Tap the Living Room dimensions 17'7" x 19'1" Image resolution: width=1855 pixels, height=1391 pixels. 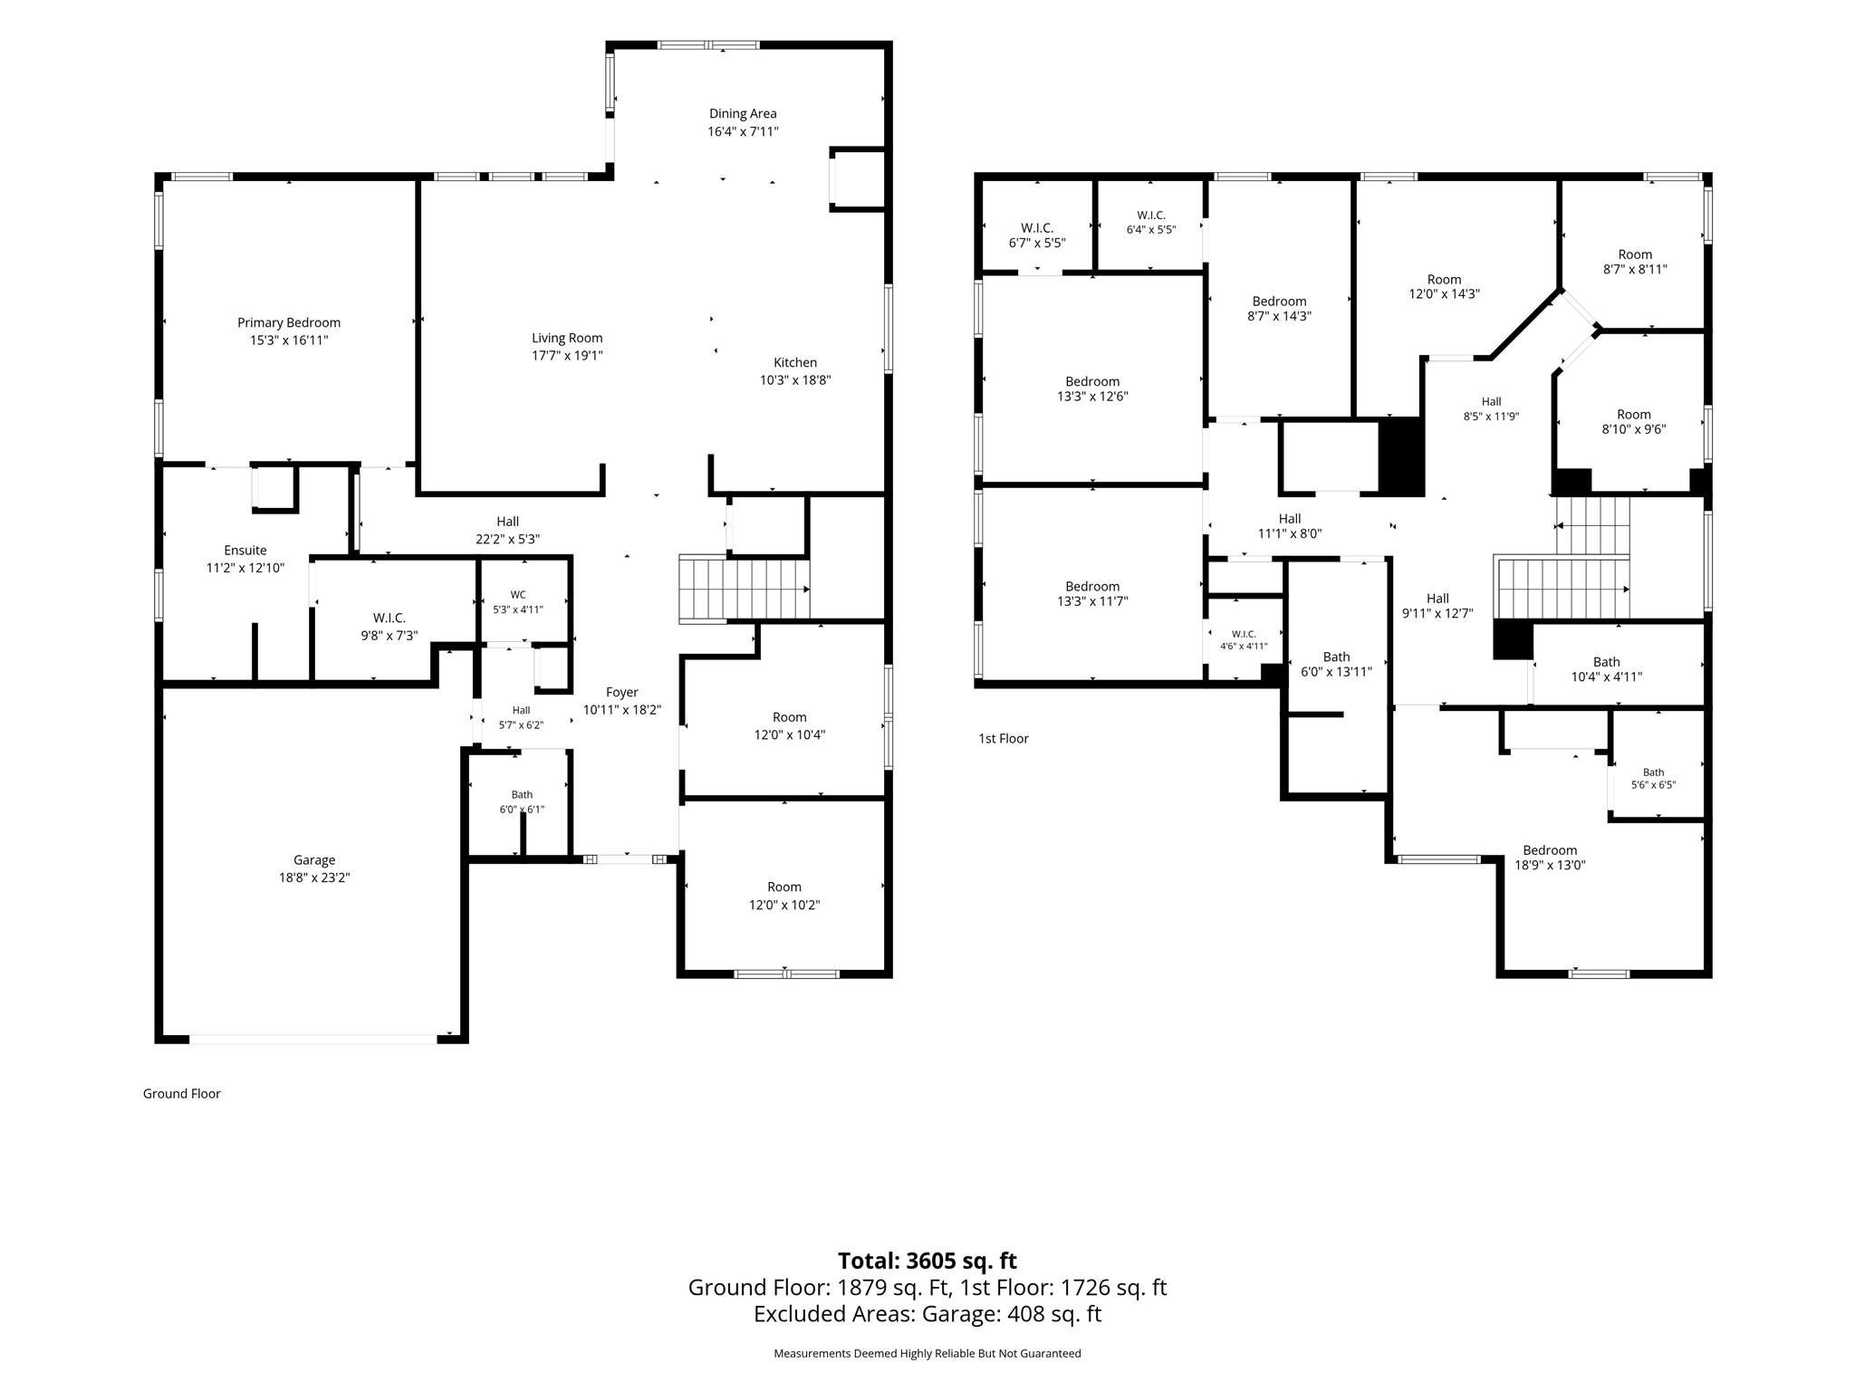[x=567, y=356]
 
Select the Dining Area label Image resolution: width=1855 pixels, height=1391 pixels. [x=743, y=114]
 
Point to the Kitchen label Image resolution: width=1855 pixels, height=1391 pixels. [x=795, y=363]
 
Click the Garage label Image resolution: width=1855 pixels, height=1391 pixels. [x=314, y=860]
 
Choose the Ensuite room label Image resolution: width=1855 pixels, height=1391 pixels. [x=245, y=551]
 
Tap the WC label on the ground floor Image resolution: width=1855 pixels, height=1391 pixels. [x=518, y=595]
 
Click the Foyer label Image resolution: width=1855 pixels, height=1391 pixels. [x=622, y=693]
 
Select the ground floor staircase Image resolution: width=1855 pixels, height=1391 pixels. [x=745, y=590]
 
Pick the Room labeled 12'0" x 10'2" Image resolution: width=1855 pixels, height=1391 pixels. [x=784, y=896]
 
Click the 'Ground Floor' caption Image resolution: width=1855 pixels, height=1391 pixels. [x=182, y=1094]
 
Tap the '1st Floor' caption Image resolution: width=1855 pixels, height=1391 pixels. [x=1004, y=739]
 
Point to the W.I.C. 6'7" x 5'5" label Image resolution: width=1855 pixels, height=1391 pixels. [x=1037, y=235]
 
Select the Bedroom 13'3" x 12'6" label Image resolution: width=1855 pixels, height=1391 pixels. [x=1092, y=389]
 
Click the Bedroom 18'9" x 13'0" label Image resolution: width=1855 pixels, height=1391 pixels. [x=1550, y=858]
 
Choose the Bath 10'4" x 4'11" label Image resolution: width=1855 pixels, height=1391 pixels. [x=1606, y=669]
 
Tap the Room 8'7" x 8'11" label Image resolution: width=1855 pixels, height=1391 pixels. [x=1635, y=262]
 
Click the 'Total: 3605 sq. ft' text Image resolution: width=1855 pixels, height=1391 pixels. [x=927, y=1261]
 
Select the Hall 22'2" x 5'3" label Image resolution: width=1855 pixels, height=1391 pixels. [x=508, y=530]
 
